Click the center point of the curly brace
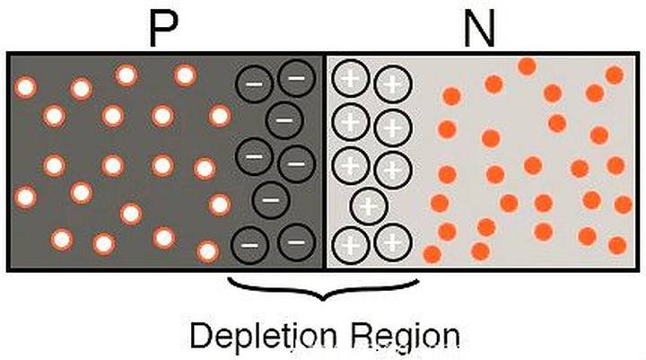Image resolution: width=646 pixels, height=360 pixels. coord(324,293)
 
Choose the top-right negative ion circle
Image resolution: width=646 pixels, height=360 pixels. coord(296,78)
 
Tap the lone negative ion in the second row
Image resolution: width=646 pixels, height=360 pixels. coord(284,119)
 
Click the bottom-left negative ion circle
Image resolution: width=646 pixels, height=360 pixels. coord(251,241)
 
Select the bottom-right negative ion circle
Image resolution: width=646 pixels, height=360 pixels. coord(295,241)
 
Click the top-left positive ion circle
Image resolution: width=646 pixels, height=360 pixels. coord(351,80)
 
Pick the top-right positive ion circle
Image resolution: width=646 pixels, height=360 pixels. coord(391,85)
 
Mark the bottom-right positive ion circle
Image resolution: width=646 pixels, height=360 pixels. coord(391,242)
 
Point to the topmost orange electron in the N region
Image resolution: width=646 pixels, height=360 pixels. coord(528,66)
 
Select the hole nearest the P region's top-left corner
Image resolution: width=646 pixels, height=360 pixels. coord(26,87)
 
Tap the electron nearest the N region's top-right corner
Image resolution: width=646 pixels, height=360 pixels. coord(614,75)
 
